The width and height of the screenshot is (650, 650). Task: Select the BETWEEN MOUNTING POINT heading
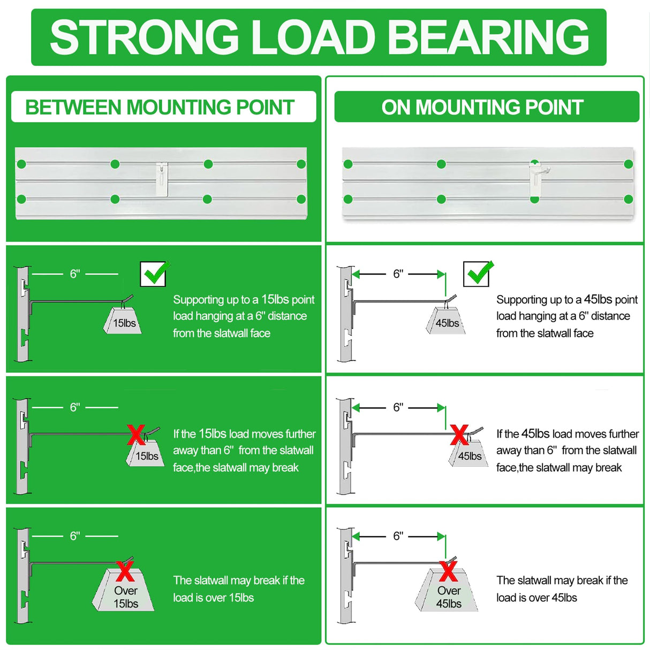[x=160, y=107]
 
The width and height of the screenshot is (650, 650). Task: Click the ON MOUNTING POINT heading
[x=482, y=107]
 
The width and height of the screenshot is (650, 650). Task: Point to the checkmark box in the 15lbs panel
[x=153, y=274]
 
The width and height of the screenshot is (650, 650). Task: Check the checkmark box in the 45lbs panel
[x=477, y=274]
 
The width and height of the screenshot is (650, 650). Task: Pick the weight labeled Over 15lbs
[x=125, y=596]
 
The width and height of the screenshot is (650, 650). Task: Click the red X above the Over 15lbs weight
[x=125, y=571]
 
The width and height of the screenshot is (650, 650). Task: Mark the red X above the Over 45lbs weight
[x=449, y=571]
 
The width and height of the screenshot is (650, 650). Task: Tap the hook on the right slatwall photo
[x=535, y=178]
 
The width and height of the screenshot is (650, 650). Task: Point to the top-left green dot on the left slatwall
[x=21, y=164]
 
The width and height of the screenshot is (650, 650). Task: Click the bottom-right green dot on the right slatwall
[x=629, y=199]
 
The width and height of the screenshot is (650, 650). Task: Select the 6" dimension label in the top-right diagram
[x=398, y=274]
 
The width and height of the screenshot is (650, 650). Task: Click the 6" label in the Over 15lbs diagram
[x=75, y=536]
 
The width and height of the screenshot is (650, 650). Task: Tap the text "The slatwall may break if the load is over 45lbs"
[x=562, y=589]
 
